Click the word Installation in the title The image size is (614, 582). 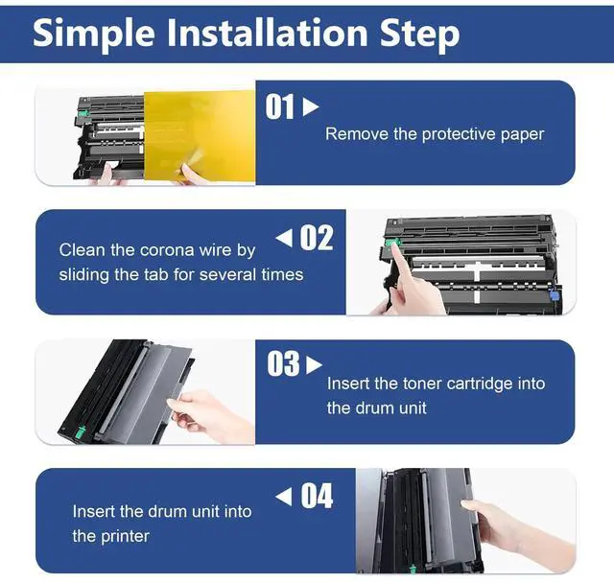click(268, 33)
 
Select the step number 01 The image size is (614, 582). click(279, 106)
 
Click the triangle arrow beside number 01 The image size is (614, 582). click(311, 106)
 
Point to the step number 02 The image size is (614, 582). click(317, 238)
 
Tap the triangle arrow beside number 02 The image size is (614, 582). click(284, 238)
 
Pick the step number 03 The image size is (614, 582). click(284, 364)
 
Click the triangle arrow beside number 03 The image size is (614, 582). click(314, 364)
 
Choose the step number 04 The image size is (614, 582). click(317, 496)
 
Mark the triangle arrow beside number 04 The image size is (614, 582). click(284, 497)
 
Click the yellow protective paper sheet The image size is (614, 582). click(200, 136)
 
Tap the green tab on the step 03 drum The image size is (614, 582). click(81, 431)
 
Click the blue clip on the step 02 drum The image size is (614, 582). click(553, 293)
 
